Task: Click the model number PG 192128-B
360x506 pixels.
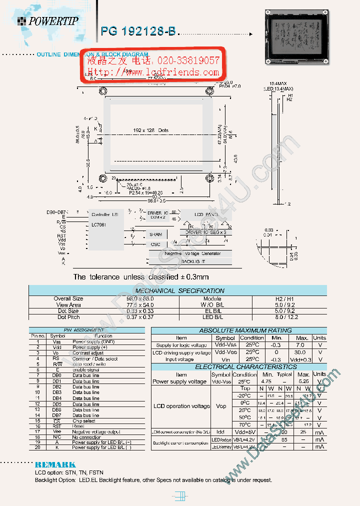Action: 138,31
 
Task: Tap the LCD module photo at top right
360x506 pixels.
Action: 296,37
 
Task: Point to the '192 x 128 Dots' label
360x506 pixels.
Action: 151,130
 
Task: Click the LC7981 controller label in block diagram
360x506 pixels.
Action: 100,225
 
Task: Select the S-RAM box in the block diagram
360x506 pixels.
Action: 155,234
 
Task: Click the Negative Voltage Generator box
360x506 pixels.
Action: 192,253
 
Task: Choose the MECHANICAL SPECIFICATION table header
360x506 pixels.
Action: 180,290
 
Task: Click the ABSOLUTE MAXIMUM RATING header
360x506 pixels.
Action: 238,330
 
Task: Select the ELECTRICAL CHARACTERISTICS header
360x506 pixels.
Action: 238,367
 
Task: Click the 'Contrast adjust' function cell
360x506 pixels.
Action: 88,353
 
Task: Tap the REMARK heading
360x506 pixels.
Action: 55,464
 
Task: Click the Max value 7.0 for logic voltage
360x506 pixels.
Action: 299,345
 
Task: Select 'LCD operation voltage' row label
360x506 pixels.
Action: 181,406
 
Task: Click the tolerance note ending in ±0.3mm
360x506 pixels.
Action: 140,277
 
